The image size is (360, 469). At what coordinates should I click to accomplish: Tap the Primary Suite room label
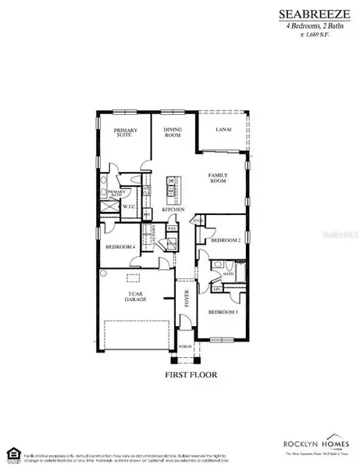pos(125,133)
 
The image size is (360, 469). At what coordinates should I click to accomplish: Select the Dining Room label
pos(173,133)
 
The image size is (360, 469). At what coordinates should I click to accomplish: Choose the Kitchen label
pos(173,209)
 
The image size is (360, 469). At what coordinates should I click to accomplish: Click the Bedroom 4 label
pos(121,248)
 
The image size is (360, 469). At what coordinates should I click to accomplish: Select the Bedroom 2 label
pos(225,241)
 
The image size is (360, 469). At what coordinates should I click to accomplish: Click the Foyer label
pos(187,298)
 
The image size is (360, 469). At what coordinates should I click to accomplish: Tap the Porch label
pos(185,345)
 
